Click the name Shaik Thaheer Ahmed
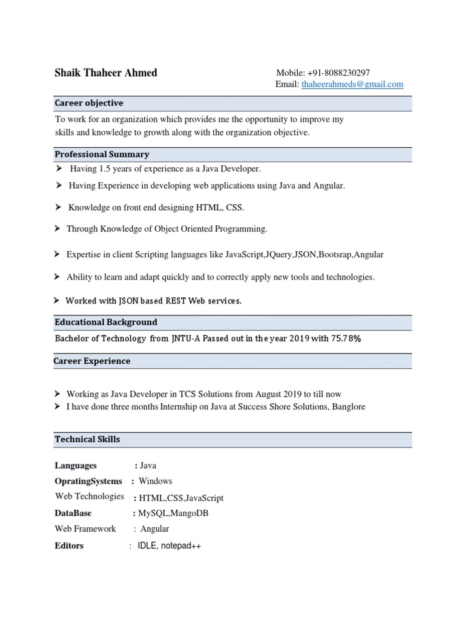[105, 73]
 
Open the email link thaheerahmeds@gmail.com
[352, 85]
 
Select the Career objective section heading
[89, 103]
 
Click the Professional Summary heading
[102, 154]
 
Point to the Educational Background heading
[106, 322]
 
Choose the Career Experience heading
[92, 361]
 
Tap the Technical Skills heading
[87, 439]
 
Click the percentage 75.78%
[346, 338]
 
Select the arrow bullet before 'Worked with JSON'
[56, 300]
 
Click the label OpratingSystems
[88, 481]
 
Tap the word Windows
[155, 481]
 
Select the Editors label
[69, 546]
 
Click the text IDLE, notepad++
[169, 546]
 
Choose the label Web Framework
[85, 529]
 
